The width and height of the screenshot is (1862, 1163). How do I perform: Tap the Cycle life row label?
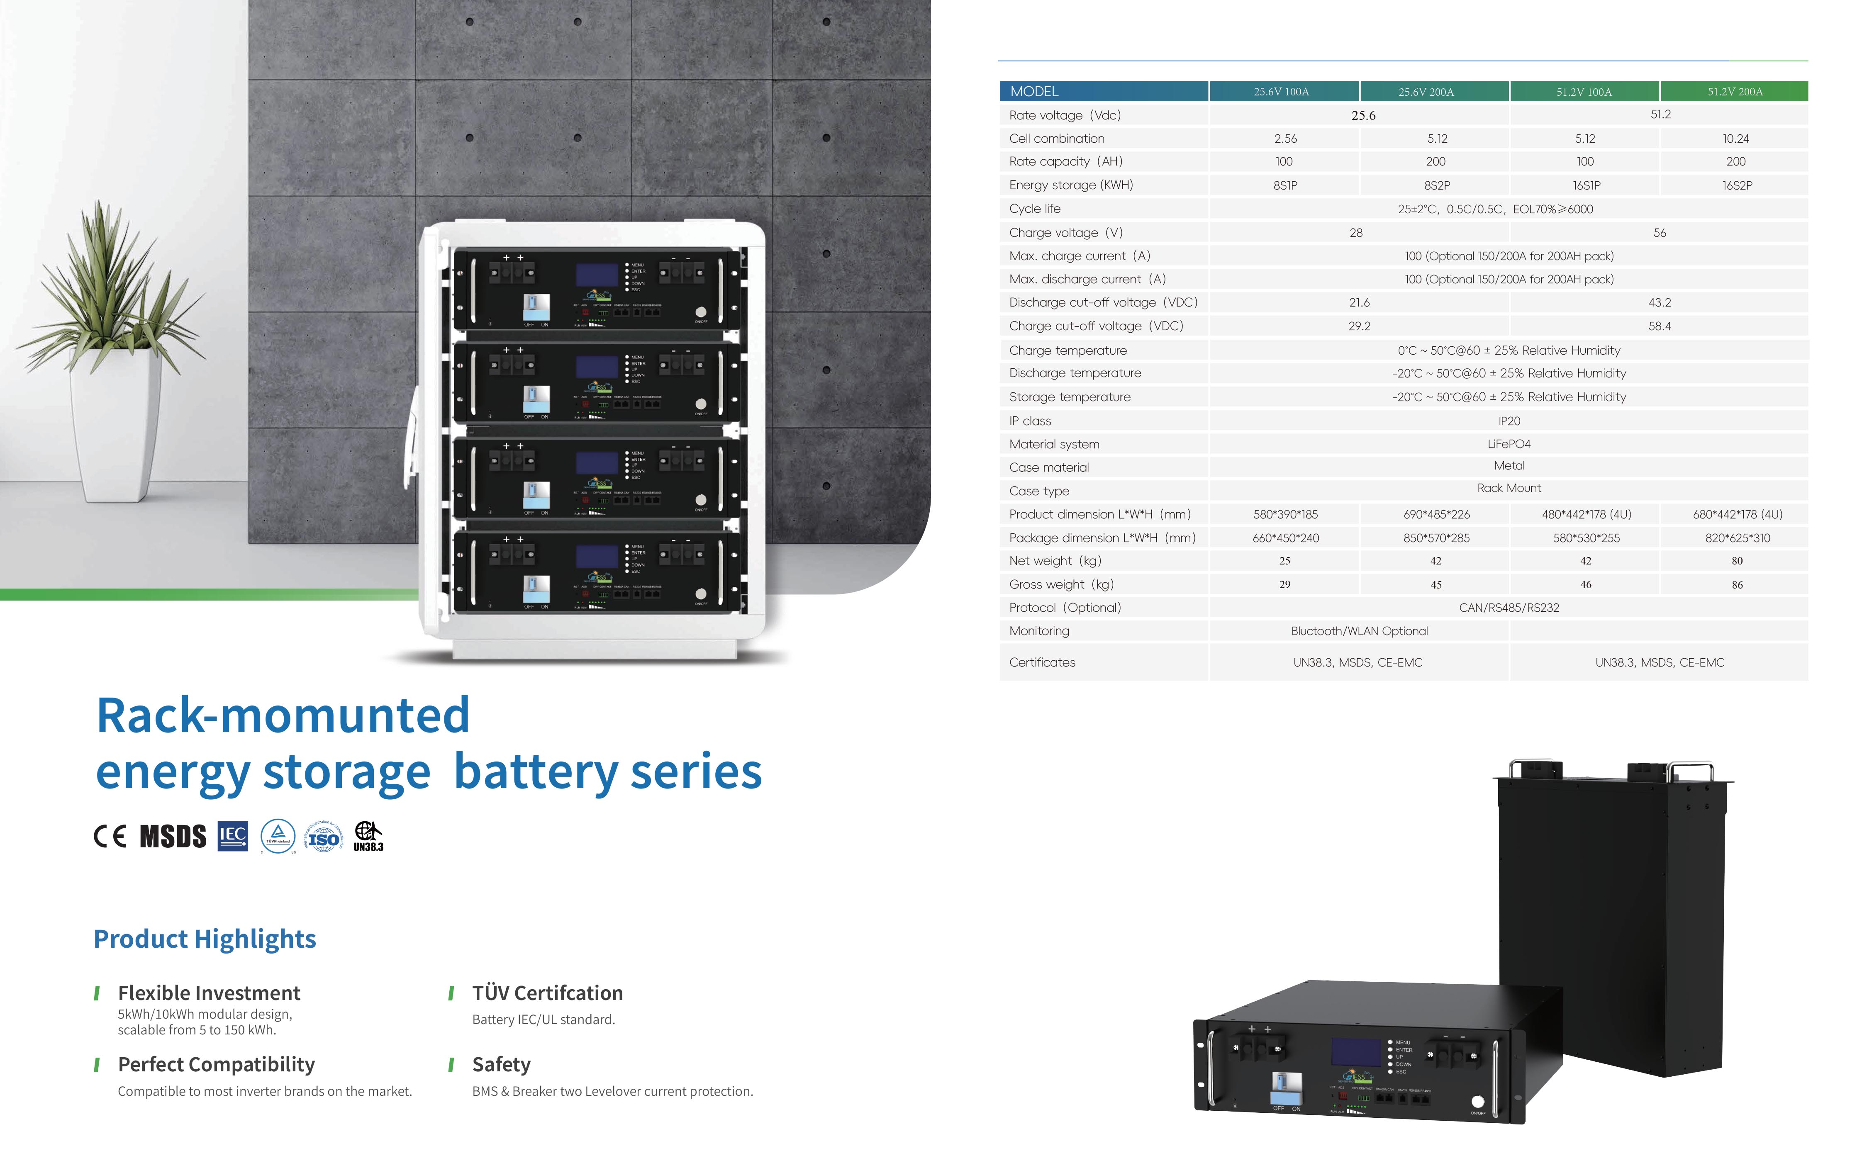pos(1035,209)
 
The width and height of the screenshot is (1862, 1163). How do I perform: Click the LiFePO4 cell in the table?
pos(1509,444)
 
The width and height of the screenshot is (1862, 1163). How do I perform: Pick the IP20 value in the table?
pos(1509,421)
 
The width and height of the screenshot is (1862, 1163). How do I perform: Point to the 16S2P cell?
pos(1737,185)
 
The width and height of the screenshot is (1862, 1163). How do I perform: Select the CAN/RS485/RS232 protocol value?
pos(1509,608)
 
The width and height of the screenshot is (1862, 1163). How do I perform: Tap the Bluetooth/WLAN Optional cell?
pos(1359,631)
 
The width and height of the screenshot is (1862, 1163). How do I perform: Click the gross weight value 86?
pos(1737,584)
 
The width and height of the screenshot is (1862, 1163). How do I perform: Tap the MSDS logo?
pos(173,836)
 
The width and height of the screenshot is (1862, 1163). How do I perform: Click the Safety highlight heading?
pos(501,1065)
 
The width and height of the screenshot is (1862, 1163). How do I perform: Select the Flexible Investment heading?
pos(209,993)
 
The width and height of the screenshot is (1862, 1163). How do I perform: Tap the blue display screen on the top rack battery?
pos(597,275)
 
